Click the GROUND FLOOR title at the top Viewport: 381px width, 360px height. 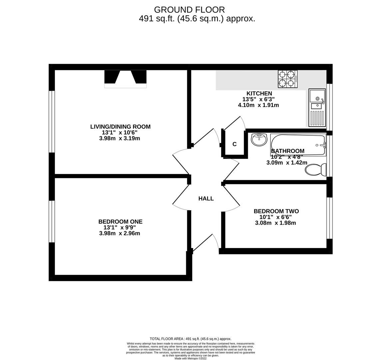[x=189, y=10]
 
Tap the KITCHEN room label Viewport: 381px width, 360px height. [x=259, y=94]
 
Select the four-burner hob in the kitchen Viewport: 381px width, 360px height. [x=288, y=79]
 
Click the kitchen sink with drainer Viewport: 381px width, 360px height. [x=317, y=108]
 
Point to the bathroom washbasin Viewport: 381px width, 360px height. [x=259, y=139]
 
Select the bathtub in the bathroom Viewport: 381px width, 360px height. [x=298, y=145]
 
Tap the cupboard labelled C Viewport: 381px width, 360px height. [x=234, y=144]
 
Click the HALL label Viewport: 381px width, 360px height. [x=206, y=199]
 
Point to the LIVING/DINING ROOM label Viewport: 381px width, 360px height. [x=120, y=127]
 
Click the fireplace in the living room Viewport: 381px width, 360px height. [x=125, y=79]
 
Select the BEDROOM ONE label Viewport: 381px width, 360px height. [x=120, y=222]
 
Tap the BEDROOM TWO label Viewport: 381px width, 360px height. [x=276, y=211]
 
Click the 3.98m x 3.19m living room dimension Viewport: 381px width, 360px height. [x=120, y=138]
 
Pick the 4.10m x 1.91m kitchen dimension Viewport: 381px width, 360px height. [x=258, y=105]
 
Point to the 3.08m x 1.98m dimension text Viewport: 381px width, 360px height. [x=275, y=223]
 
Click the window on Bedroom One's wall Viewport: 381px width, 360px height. [x=52, y=221]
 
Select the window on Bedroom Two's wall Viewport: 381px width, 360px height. [x=329, y=218]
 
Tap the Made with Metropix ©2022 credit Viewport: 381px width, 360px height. [x=190, y=359]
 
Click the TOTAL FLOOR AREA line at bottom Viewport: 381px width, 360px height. [x=190, y=339]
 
